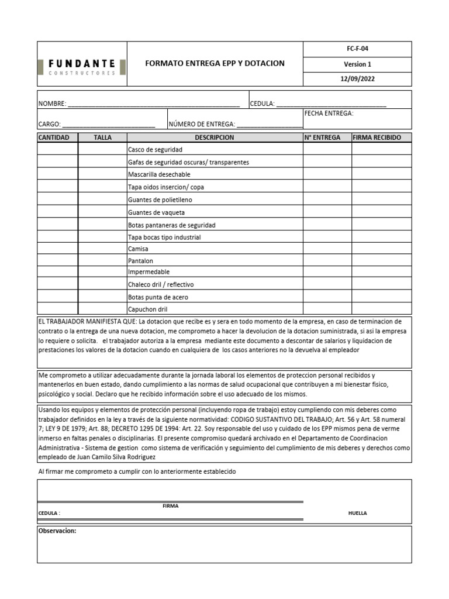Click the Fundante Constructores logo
[81, 67]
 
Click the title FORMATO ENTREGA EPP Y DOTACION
[215, 63]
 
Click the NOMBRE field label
[52, 104]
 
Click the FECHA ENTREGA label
[329, 113]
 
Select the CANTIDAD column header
[57, 137]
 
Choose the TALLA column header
[102, 137]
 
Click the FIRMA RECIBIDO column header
[377, 137]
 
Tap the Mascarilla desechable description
[158, 174]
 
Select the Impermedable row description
[148, 272]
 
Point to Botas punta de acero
[157, 297]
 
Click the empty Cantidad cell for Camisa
[57, 249]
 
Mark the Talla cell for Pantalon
[102, 261]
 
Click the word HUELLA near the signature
[357, 513]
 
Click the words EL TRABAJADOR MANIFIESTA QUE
[87, 322]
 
